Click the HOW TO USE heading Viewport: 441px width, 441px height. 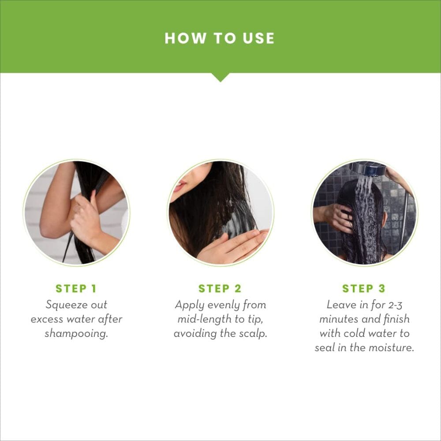[220, 38]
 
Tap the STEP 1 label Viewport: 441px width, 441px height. [76, 289]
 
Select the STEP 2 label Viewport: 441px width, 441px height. [220, 289]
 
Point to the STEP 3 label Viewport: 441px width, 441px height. [364, 289]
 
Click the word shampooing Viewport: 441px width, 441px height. [76, 333]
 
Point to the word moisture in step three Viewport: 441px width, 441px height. [391, 348]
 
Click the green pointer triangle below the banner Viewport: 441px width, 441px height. [220, 77]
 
